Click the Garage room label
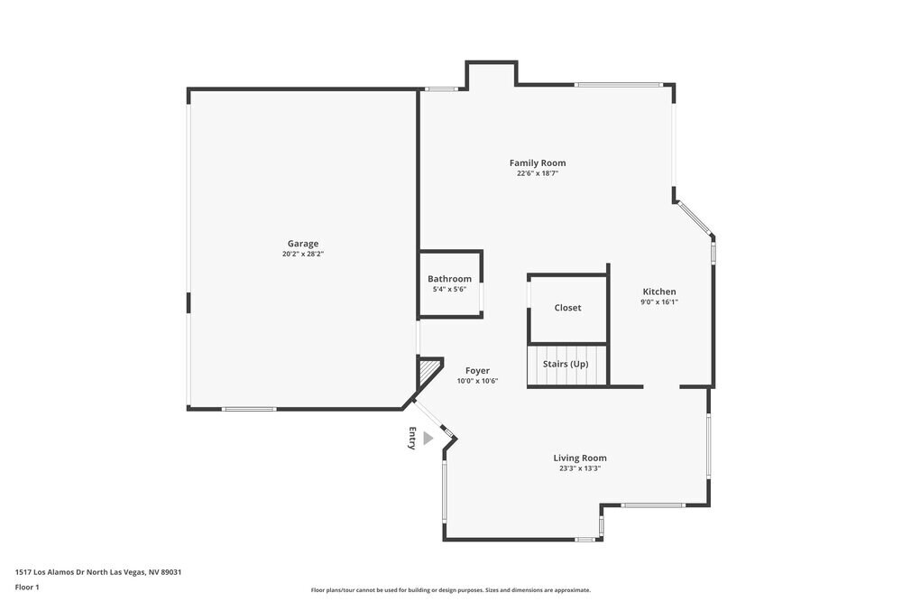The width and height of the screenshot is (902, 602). (x=303, y=244)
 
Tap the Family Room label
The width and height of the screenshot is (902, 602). (x=538, y=163)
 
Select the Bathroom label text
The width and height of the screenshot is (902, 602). (x=449, y=279)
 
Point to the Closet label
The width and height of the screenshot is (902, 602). (x=567, y=308)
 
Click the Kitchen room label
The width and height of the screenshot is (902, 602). (x=658, y=292)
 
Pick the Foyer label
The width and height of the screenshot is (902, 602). (x=477, y=370)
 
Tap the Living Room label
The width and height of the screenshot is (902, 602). (x=580, y=458)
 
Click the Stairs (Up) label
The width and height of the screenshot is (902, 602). (x=566, y=364)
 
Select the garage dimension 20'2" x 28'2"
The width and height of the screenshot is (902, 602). (x=303, y=255)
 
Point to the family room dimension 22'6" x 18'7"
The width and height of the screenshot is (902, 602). (x=538, y=174)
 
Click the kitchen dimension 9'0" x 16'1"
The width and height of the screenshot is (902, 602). (x=659, y=302)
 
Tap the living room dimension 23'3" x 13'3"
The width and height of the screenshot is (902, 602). (x=580, y=468)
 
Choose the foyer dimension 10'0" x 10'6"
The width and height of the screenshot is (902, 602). (x=477, y=381)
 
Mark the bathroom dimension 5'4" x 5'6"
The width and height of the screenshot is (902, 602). (x=449, y=290)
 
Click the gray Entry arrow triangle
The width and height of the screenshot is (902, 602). (x=428, y=438)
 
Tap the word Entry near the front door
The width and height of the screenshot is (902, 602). (x=412, y=438)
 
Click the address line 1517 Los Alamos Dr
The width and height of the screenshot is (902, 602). (x=105, y=571)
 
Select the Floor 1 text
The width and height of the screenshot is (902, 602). (x=27, y=587)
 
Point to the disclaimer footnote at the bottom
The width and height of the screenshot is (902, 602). (x=451, y=589)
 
